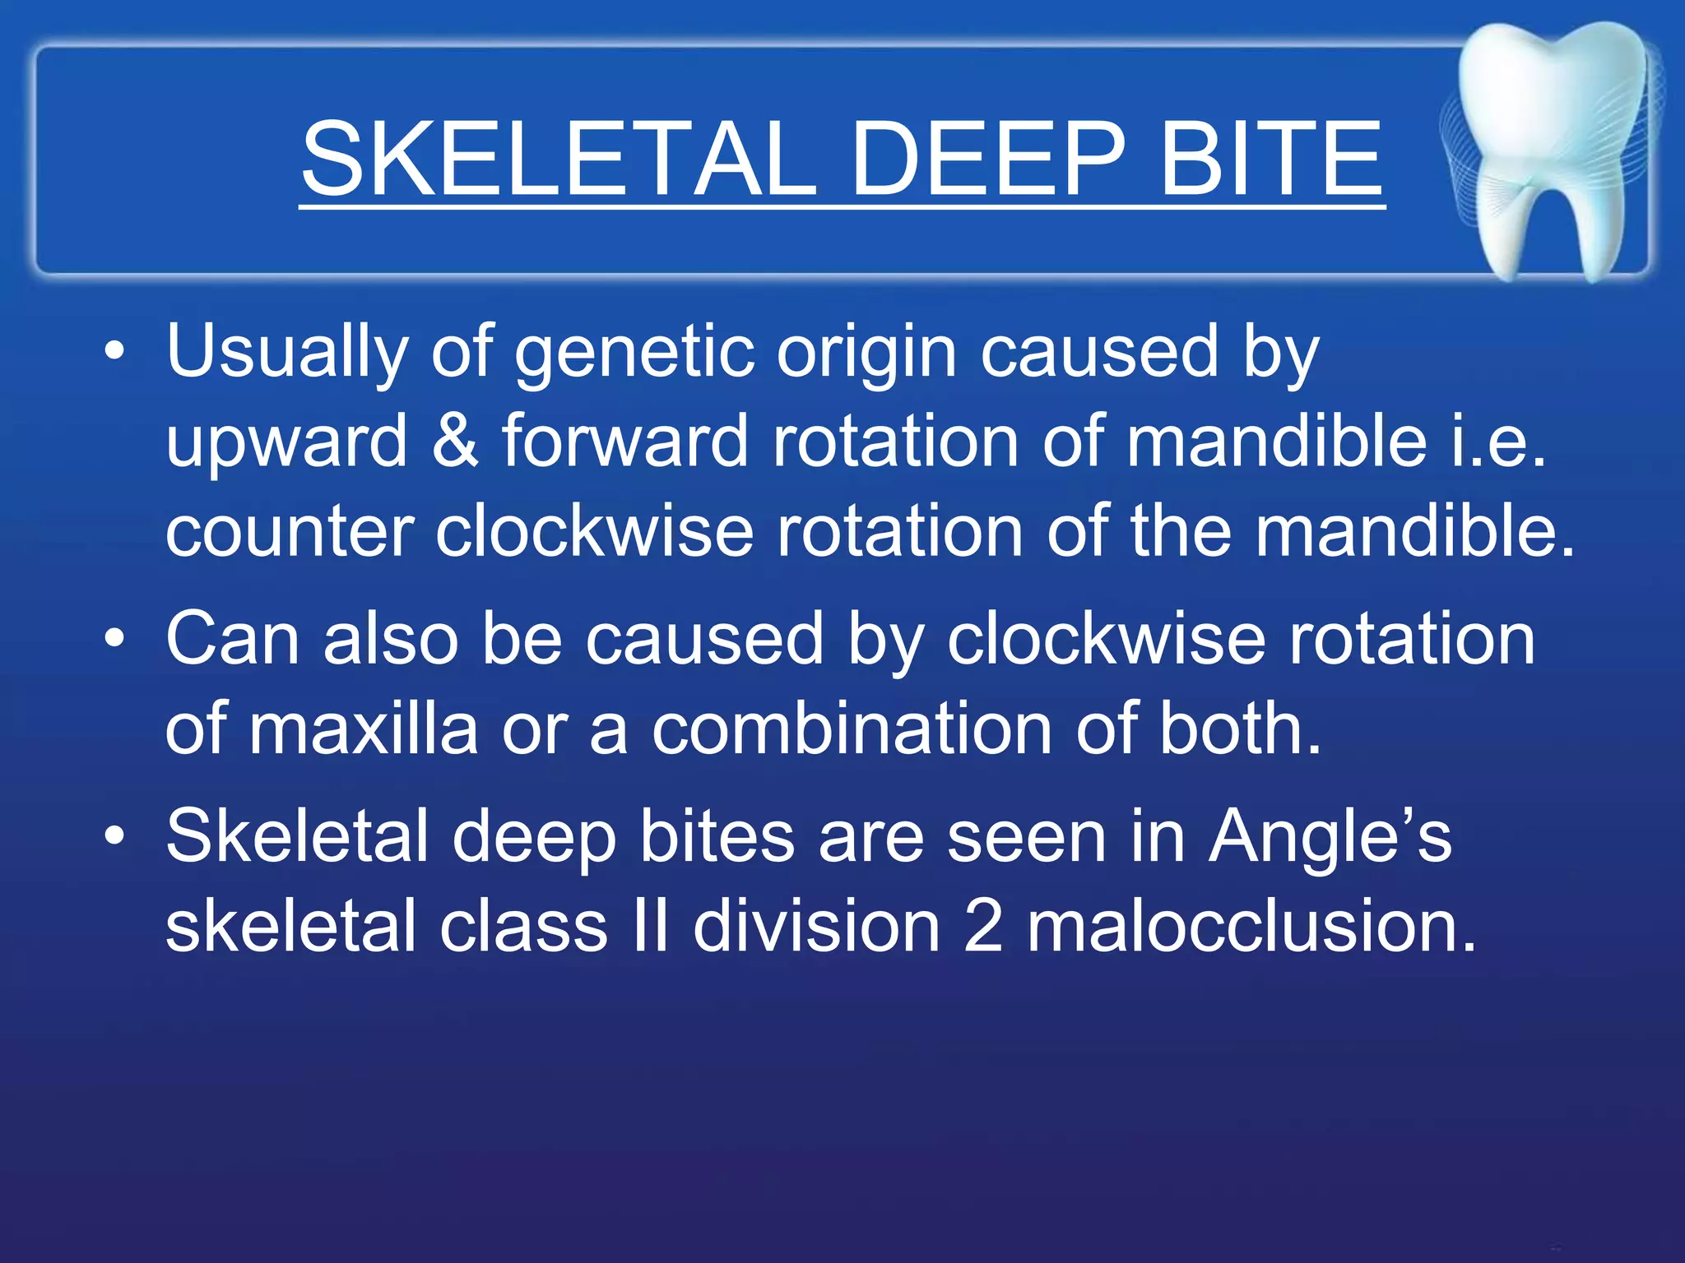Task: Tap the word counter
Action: point(290,533)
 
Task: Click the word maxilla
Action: point(363,729)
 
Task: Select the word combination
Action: point(852,729)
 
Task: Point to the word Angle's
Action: point(1330,837)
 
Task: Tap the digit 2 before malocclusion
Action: point(982,927)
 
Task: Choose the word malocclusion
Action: point(1251,927)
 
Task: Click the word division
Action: point(816,927)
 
